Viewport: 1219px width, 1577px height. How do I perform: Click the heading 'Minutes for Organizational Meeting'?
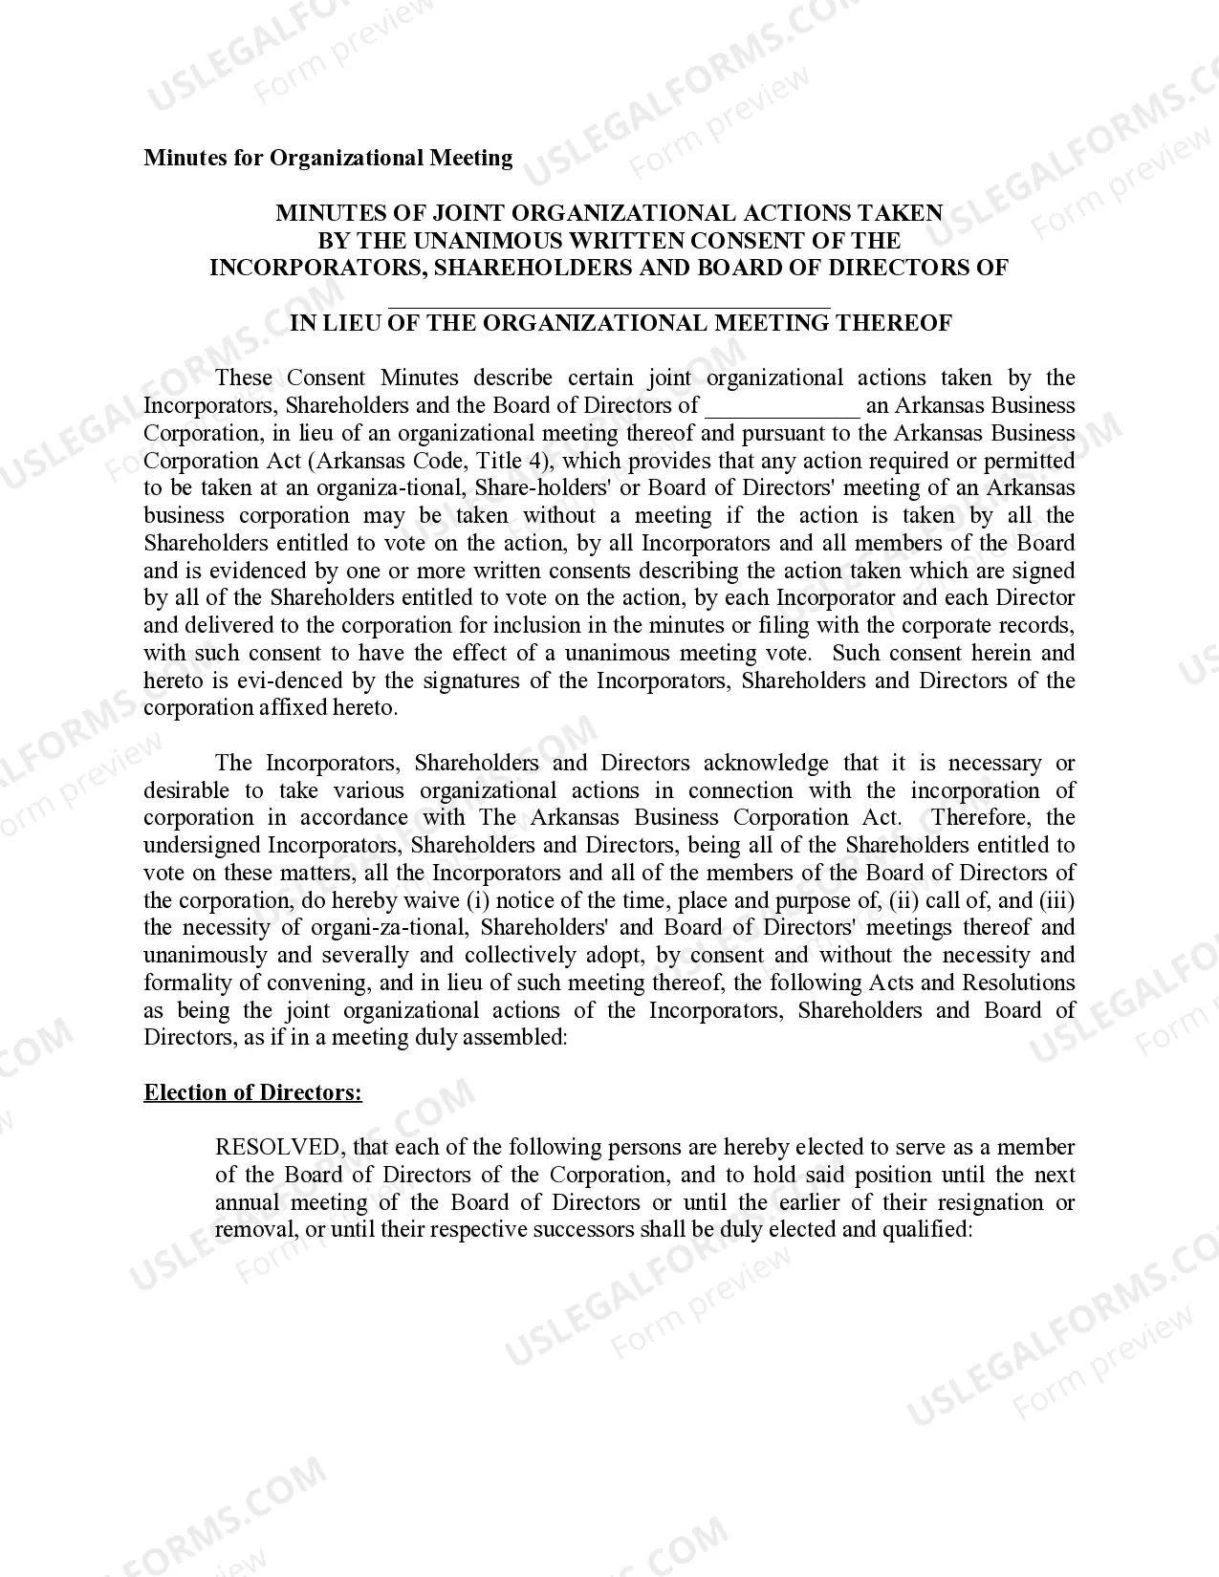328,158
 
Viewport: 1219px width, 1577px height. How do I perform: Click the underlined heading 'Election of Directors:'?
252,1092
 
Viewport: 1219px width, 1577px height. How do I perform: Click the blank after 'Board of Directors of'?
782,406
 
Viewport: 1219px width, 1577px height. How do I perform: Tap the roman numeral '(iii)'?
1056,900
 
